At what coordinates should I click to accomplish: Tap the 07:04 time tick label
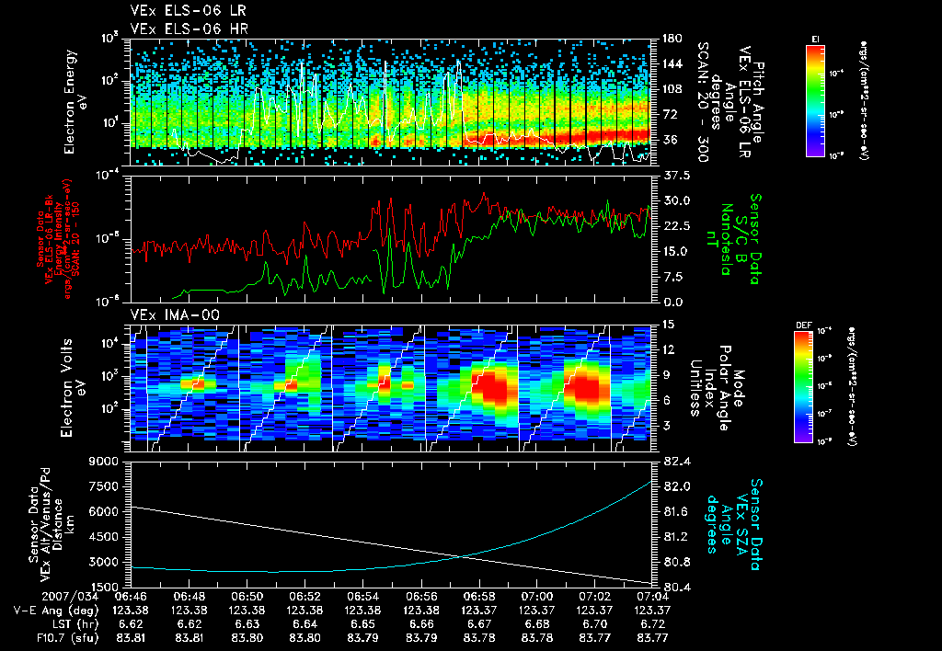click(x=652, y=596)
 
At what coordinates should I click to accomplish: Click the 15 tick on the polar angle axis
click(x=667, y=325)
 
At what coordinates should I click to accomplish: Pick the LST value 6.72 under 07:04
click(x=652, y=622)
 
